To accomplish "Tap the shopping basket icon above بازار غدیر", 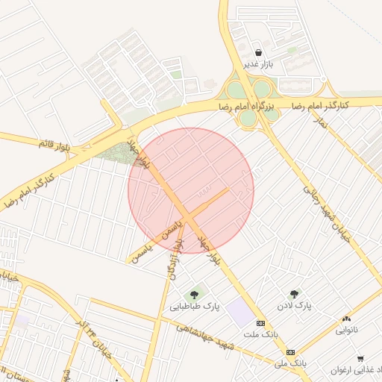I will pos(258,52).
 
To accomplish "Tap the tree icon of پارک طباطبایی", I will pos(195,294).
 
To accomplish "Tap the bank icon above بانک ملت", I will pos(260,323).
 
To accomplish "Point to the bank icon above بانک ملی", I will pos(290,352).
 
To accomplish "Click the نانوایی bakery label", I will pos(346,329).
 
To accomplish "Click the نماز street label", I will pos(321,119).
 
